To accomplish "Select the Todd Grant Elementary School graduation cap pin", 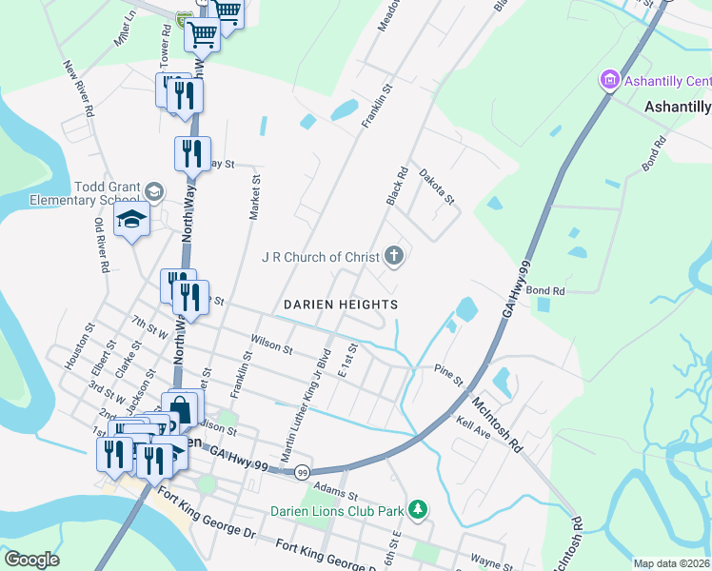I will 131,222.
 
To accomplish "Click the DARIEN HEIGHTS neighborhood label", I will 341,305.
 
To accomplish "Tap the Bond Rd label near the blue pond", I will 546,290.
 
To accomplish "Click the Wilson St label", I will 271,344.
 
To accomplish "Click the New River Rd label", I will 79,89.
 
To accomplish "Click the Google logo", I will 30,560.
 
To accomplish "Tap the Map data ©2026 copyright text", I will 671,563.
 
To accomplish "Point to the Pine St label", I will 448,374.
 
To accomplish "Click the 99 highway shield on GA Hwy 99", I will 303,472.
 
